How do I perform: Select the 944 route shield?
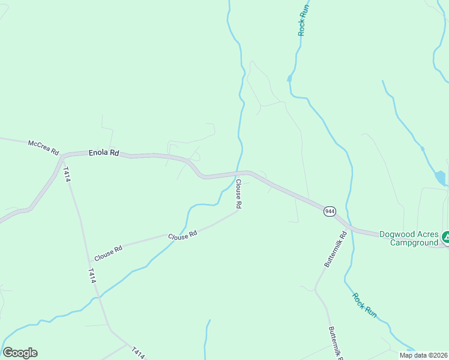(x=330, y=211)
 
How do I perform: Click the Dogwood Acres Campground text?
(x=409, y=238)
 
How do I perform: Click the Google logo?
(x=20, y=353)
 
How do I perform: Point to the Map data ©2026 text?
(x=423, y=355)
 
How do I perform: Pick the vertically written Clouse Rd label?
(x=238, y=194)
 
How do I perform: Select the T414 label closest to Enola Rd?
(x=67, y=175)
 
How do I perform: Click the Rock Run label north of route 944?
(x=304, y=21)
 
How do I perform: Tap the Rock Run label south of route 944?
(x=364, y=305)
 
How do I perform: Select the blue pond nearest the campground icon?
(x=441, y=178)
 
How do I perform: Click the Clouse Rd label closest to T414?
(x=108, y=252)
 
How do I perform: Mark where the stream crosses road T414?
(x=98, y=296)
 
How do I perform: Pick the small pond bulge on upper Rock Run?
(x=289, y=78)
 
